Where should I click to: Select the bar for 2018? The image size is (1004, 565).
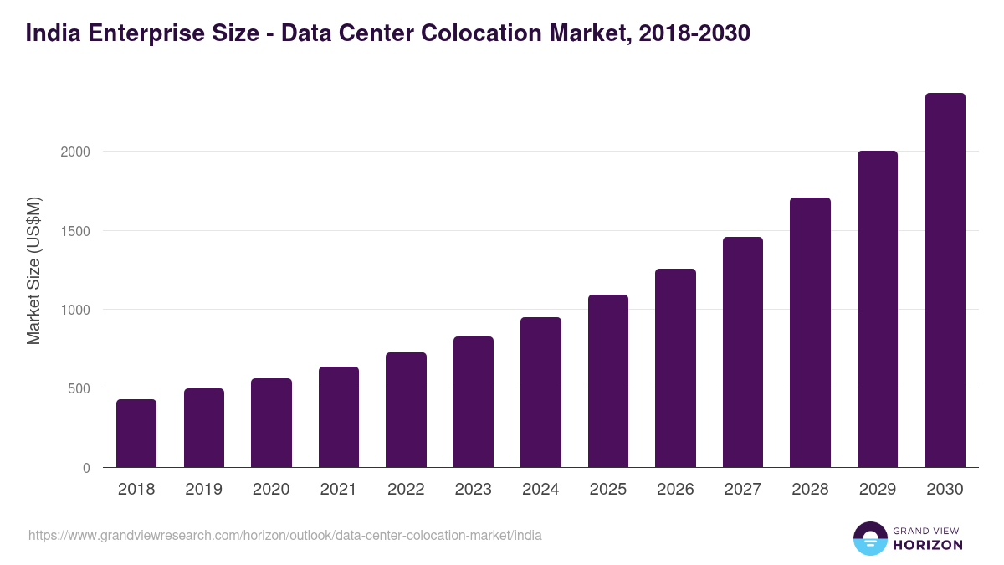pyautogui.click(x=136, y=434)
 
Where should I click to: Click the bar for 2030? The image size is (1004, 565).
pyautogui.click(x=945, y=280)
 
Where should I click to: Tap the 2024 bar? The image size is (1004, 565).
pyautogui.click(x=540, y=393)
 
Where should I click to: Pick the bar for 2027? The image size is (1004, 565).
pyautogui.click(x=743, y=352)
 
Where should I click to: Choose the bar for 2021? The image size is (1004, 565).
pyautogui.click(x=339, y=417)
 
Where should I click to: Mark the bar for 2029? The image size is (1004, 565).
pyautogui.click(x=878, y=309)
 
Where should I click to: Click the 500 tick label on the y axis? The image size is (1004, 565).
pyautogui.click(x=78, y=389)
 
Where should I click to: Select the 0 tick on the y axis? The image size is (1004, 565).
pyautogui.click(x=86, y=468)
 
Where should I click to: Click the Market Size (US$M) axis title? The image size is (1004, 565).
pyautogui.click(x=33, y=270)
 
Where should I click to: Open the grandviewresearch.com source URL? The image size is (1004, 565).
pyautogui.click(x=284, y=535)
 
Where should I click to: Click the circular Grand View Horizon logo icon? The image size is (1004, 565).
pyautogui.click(x=869, y=538)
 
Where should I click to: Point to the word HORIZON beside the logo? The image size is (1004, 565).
pyautogui.click(x=929, y=545)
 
